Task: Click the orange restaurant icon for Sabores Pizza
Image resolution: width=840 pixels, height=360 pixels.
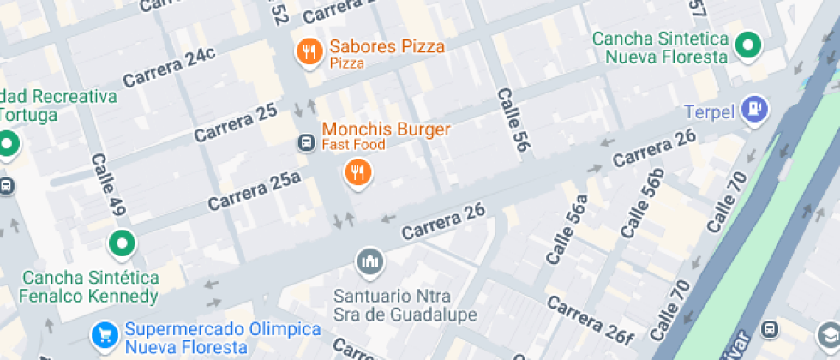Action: [309, 52]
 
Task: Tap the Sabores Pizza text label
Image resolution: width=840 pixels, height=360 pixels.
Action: [387, 47]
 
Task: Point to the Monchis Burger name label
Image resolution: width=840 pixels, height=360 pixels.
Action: [386, 129]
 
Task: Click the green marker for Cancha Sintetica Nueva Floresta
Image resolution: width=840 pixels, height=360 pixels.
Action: [750, 45]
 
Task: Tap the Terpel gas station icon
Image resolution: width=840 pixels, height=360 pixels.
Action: [756, 109]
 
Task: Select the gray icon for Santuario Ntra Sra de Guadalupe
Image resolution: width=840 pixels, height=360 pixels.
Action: [370, 261]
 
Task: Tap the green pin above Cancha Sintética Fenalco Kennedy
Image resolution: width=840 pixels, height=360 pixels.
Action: [122, 244]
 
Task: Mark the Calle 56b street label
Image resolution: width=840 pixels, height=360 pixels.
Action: [642, 204]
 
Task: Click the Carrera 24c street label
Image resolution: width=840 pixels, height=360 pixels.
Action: [169, 67]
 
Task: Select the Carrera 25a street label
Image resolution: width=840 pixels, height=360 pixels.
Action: [254, 190]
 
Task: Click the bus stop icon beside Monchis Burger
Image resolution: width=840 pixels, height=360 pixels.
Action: [304, 142]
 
